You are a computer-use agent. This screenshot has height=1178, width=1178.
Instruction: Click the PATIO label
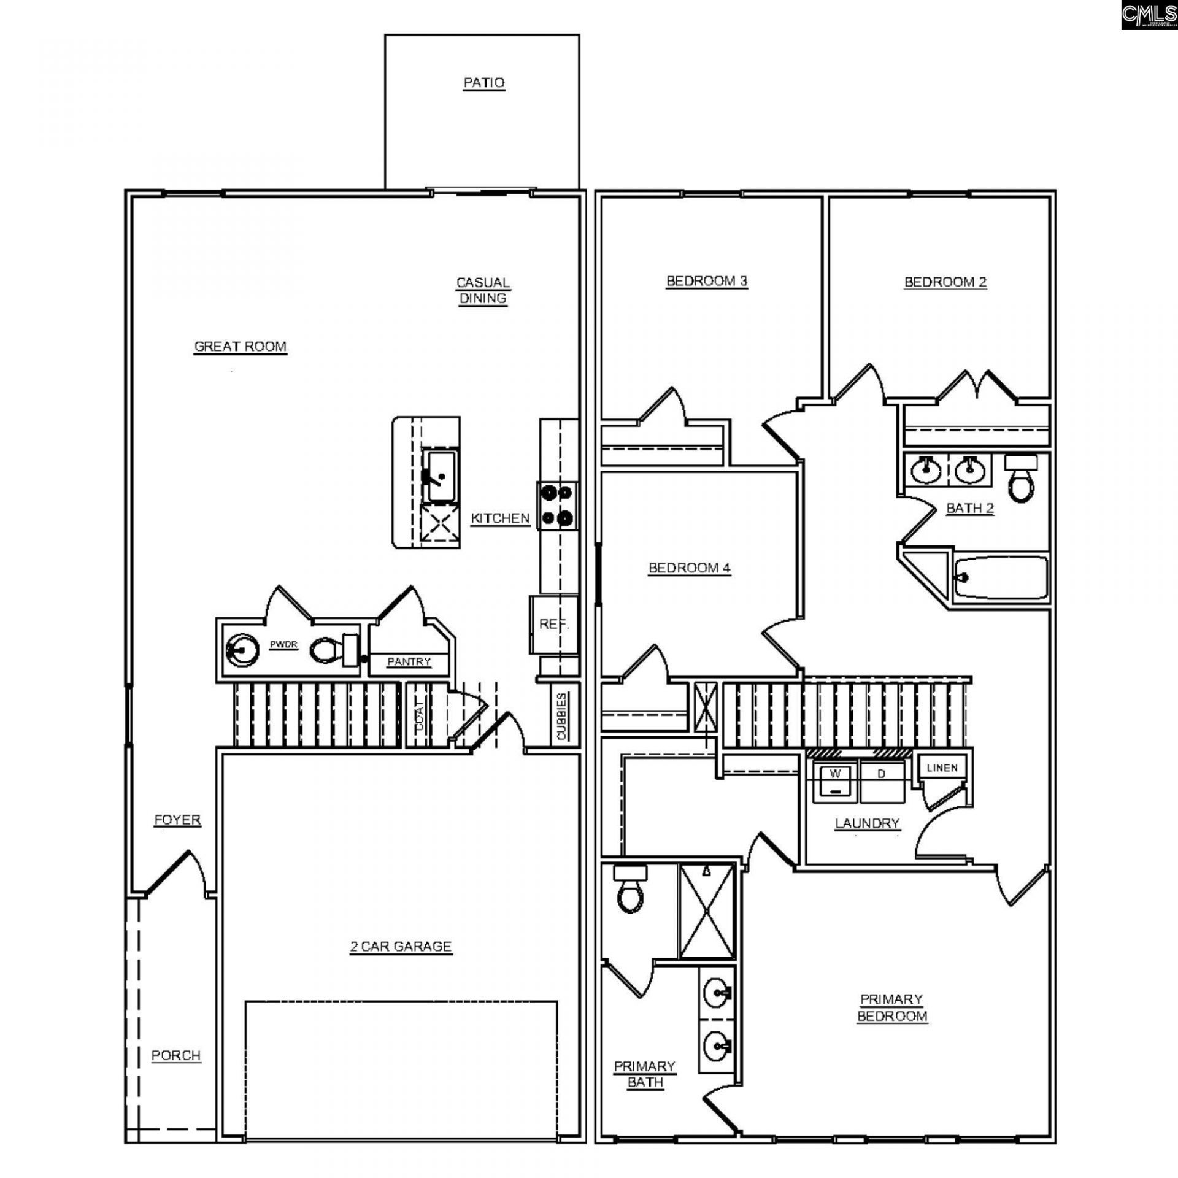click(483, 82)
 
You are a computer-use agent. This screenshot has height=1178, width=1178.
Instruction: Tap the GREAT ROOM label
click(240, 347)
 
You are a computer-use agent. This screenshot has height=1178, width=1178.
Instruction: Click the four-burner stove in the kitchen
click(558, 506)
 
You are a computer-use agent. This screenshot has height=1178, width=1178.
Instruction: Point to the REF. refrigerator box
click(553, 625)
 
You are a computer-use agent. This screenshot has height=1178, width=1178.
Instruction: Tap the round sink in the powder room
click(240, 650)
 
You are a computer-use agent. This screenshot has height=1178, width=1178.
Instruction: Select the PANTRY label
click(409, 661)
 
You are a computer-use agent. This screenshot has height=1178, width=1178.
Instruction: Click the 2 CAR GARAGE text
click(401, 947)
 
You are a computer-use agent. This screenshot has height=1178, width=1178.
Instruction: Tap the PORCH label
click(176, 1055)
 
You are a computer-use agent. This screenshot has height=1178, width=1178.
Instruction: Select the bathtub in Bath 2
click(1000, 577)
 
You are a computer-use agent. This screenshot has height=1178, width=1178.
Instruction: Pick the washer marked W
click(835, 782)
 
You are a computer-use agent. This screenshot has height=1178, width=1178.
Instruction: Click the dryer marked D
click(882, 782)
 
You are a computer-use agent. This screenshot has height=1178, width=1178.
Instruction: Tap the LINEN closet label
click(942, 768)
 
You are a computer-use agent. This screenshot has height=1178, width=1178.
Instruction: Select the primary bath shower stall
click(707, 910)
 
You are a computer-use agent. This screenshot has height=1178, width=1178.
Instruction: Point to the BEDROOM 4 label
click(689, 568)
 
